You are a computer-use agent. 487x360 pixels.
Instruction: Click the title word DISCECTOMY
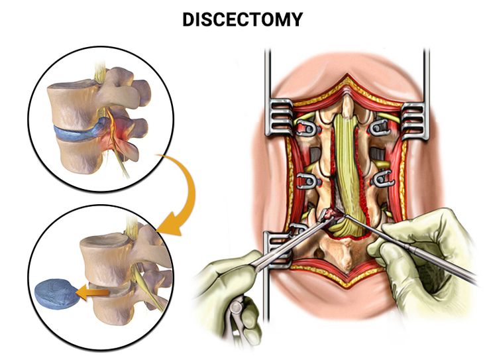[243, 20]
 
